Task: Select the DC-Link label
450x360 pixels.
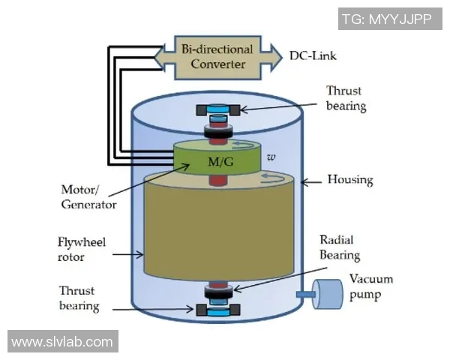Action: pos(317,55)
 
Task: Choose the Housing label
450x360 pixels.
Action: pos(350,181)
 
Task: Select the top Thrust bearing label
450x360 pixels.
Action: pos(346,98)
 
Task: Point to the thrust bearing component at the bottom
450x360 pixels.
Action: pos(217,307)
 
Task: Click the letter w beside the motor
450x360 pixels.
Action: pos(271,157)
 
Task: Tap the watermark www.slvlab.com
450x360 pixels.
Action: pos(63,342)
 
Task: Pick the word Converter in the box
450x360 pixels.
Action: pos(217,64)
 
